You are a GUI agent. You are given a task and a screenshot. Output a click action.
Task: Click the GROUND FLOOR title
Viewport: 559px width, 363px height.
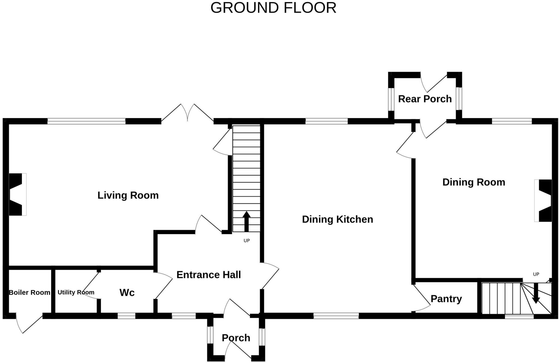click(x=273, y=8)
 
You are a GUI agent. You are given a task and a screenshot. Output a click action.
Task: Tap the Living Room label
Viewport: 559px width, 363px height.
click(x=128, y=195)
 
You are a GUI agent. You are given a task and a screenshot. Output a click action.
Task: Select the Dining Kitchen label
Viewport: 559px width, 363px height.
click(x=337, y=219)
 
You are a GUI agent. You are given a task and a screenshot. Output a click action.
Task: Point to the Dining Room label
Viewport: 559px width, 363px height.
click(x=474, y=182)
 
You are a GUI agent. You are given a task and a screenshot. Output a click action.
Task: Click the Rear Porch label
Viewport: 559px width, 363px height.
click(x=425, y=99)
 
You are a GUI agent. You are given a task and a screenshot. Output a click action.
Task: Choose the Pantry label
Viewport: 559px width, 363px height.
click(x=446, y=298)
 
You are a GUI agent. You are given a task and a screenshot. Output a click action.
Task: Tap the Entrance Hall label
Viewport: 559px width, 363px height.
click(x=209, y=274)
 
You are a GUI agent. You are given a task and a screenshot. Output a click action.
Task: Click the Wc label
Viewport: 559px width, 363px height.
click(x=127, y=292)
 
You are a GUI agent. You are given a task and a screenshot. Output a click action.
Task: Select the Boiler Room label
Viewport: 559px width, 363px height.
click(x=29, y=292)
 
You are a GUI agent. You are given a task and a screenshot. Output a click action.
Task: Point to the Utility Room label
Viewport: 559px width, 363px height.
click(x=76, y=292)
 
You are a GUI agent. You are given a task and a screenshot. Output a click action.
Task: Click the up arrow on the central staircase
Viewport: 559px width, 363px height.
click(x=246, y=221)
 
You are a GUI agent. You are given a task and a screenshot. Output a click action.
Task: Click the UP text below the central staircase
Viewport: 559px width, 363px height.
click(x=246, y=241)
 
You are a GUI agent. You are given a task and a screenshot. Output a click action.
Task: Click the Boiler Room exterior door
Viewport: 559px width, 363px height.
click(x=29, y=324)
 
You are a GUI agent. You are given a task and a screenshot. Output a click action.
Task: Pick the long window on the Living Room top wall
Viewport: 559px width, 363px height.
click(x=86, y=121)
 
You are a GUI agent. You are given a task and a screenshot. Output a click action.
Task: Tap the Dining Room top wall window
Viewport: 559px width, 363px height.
click(x=512, y=121)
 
